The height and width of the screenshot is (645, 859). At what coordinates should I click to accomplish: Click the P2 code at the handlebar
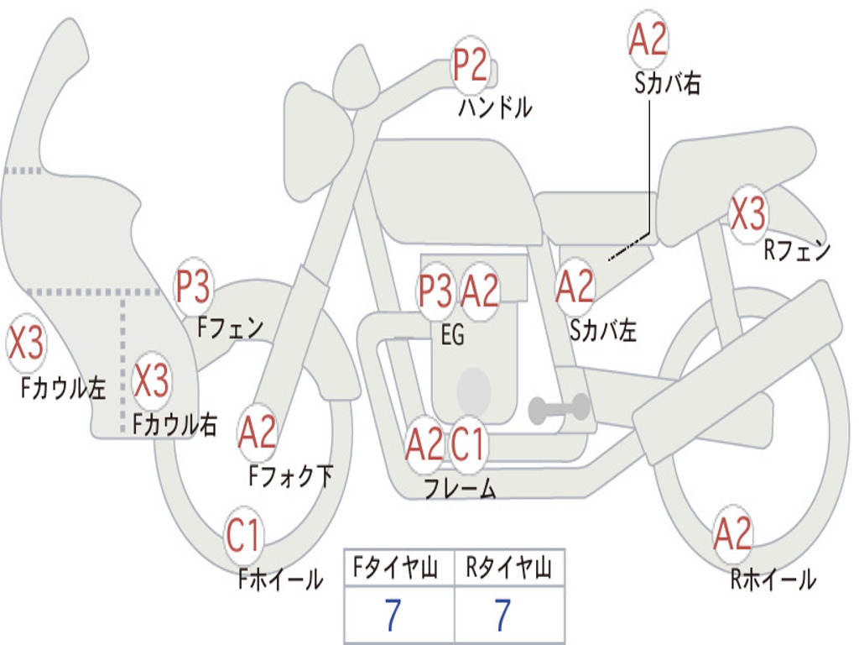click(470, 66)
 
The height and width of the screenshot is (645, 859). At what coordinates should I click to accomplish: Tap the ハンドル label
click(495, 107)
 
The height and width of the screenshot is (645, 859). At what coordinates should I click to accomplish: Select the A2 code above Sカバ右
click(648, 39)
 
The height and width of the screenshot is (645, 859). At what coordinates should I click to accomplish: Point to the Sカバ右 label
click(667, 83)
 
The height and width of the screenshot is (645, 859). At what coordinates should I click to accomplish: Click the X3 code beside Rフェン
click(747, 213)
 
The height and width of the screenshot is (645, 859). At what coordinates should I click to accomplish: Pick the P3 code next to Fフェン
click(192, 286)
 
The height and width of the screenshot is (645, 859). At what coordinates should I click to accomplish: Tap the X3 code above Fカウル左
click(25, 343)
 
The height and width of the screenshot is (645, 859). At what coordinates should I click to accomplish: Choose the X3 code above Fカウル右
click(151, 380)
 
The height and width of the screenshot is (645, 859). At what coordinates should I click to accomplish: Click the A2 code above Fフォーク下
click(257, 433)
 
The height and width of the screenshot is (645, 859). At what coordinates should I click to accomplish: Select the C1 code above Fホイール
click(242, 535)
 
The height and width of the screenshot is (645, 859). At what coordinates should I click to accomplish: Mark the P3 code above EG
click(435, 291)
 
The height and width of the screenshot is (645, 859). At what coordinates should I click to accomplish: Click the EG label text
click(452, 334)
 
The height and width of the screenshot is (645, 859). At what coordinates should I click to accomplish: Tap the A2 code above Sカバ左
click(575, 287)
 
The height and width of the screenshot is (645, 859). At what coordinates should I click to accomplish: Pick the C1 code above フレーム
click(467, 443)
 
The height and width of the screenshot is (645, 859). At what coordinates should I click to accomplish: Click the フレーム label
click(461, 488)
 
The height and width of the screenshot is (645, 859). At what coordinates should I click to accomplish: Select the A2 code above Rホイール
click(732, 533)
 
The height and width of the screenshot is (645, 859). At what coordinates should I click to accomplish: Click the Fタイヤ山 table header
click(395, 568)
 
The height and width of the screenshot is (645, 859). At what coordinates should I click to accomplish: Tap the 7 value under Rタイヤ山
click(503, 615)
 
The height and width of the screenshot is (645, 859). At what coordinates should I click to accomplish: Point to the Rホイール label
click(773, 579)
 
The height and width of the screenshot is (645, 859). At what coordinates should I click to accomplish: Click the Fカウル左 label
click(63, 388)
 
